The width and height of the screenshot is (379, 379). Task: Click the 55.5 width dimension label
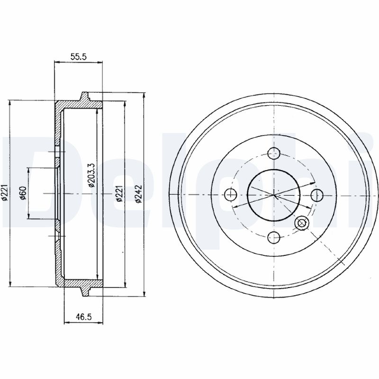(x=78, y=57)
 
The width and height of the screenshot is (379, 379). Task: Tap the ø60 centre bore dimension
(x=23, y=193)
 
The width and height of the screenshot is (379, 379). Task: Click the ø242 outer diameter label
(x=138, y=194)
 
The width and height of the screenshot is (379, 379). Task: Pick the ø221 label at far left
(x=5, y=192)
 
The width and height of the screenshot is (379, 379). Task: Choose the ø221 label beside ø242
(x=119, y=193)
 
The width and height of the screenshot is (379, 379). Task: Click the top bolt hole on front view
(x=274, y=153)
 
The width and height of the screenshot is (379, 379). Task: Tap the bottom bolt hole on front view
(x=274, y=237)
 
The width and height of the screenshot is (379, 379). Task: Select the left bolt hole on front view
(x=231, y=194)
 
